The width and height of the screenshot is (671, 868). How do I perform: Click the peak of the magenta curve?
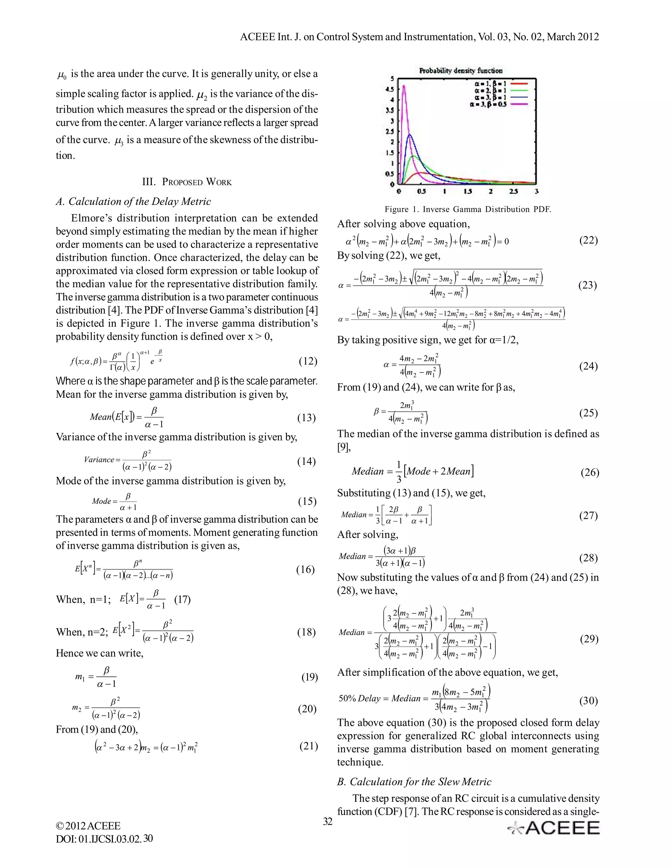[404, 85]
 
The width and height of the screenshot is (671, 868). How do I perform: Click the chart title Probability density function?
[461, 71]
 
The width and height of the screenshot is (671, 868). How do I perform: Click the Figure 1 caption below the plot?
[468, 209]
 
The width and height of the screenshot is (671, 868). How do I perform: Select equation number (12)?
[308, 361]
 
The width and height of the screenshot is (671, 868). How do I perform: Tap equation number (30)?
[588, 700]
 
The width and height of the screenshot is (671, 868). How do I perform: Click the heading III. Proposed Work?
[187, 182]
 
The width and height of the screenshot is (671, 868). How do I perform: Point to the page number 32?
[328, 821]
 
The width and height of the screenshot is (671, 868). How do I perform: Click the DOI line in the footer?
[104, 839]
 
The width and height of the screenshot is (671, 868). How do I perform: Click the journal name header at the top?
[419, 37]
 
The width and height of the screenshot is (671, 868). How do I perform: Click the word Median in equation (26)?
[368, 471]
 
